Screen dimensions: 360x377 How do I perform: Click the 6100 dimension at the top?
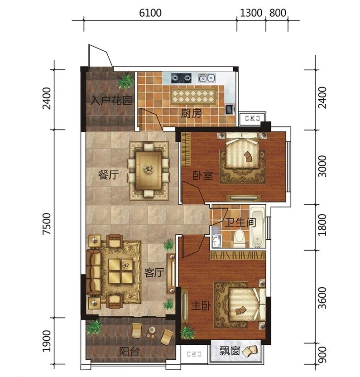tap(150, 13)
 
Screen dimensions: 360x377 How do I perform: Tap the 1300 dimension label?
tap(251, 13)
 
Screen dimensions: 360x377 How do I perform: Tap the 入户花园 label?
tap(111, 101)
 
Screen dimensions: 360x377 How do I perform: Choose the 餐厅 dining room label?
tap(108, 175)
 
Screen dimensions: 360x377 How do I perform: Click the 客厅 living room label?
tap(154, 272)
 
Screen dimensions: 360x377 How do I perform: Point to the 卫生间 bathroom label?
tap(240, 222)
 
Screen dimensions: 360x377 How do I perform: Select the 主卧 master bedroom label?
tap(201, 306)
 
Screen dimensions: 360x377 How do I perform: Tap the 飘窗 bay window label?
tap(230, 351)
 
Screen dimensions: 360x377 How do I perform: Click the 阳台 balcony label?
tap(130, 352)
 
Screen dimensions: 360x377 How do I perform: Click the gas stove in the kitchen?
tap(181, 78)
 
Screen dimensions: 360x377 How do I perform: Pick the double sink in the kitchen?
tap(206, 78)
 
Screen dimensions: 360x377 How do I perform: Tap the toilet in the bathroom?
tap(239, 238)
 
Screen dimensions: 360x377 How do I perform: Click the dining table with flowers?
tap(148, 170)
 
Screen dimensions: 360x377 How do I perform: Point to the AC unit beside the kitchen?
tap(252, 118)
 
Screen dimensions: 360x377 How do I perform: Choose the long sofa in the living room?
tap(93, 272)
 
